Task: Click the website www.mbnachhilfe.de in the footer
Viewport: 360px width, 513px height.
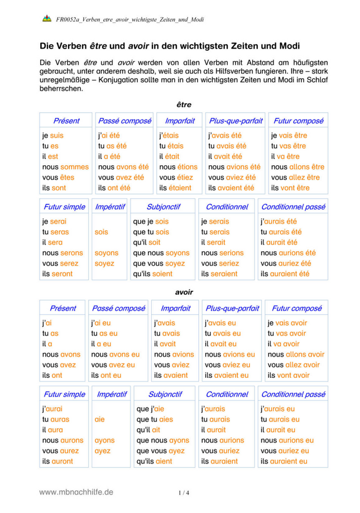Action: click(x=76, y=492)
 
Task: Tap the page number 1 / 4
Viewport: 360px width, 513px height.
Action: click(x=184, y=493)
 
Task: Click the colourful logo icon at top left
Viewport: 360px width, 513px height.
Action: click(x=46, y=18)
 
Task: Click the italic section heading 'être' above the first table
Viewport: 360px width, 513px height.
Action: click(x=184, y=104)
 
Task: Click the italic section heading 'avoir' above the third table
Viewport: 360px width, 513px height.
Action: click(x=184, y=291)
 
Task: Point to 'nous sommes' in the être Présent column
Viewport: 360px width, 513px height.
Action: click(x=65, y=167)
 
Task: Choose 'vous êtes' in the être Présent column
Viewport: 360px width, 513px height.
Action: click(x=58, y=178)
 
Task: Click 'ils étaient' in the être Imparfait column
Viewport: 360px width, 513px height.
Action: click(x=175, y=188)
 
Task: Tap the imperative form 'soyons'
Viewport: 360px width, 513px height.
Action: click(x=106, y=253)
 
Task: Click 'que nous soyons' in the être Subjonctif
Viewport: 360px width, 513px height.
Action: click(x=162, y=253)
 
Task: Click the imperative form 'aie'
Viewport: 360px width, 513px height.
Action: click(x=100, y=419)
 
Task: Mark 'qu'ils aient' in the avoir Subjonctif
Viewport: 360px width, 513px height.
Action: click(x=155, y=462)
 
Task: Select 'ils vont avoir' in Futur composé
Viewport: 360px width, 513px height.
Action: click(x=288, y=376)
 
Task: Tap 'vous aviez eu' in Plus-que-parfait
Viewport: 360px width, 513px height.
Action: click(x=227, y=365)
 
